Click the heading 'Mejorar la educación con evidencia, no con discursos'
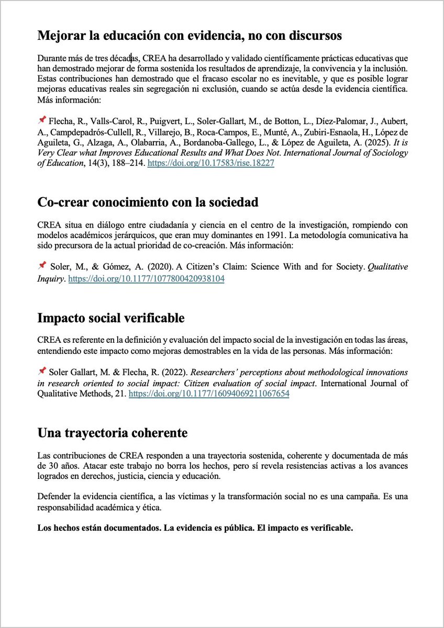click(190, 36)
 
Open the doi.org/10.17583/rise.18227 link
click(211, 163)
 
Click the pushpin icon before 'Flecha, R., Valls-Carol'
click(42, 119)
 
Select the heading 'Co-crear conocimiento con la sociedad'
click(148, 202)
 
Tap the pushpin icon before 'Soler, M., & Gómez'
click(42, 266)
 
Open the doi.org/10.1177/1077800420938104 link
click(147, 279)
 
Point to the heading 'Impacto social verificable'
click(111, 318)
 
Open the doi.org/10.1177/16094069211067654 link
click(209, 394)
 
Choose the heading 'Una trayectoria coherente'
click(113, 433)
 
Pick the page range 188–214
click(124, 163)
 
